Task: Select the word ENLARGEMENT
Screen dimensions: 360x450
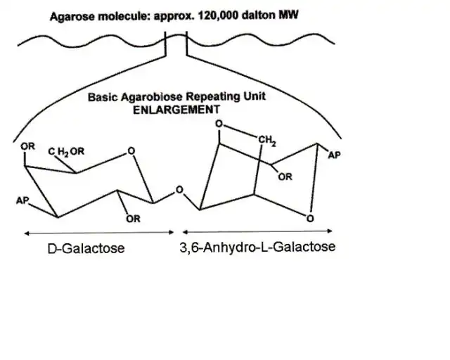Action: [x=176, y=109]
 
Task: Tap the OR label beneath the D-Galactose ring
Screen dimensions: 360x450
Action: [x=133, y=219]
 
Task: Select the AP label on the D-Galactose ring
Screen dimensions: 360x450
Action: [x=22, y=201]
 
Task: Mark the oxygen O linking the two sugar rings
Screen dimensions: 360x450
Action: [x=179, y=190]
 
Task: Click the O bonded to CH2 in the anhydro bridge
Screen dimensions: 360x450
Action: [x=219, y=123]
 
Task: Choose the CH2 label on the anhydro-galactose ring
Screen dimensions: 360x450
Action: [x=267, y=140]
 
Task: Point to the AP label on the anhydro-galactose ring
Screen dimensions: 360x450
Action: [x=334, y=155]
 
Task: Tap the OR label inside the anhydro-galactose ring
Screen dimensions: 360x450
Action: [x=285, y=177]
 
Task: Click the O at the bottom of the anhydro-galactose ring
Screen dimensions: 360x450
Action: [x=309, y=220]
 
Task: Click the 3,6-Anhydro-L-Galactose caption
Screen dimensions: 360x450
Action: [x=257, y=247]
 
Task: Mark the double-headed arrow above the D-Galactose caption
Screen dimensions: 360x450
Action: [x=98, y=232]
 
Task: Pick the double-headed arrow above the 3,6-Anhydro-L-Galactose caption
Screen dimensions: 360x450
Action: [x=257, y=231]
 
